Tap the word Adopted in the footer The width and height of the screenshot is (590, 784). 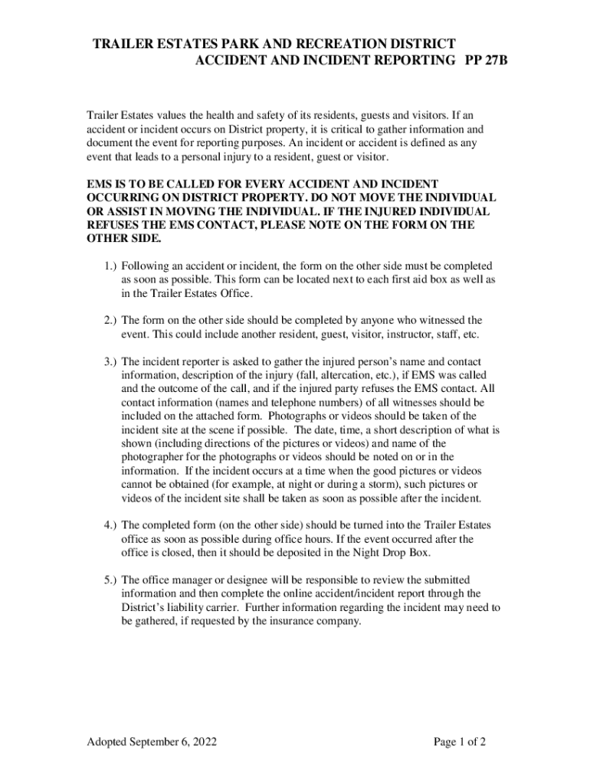point(110,742)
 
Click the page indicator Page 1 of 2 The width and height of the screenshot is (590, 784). point(460,742)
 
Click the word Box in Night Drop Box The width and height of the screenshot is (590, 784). point(421,553)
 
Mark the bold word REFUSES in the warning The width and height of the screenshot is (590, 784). point(115,224)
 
